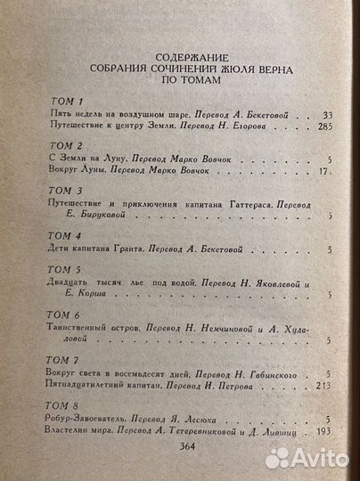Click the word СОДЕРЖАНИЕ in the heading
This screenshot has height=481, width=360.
coord(186,53)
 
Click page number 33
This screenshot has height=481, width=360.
coord(325,116)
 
